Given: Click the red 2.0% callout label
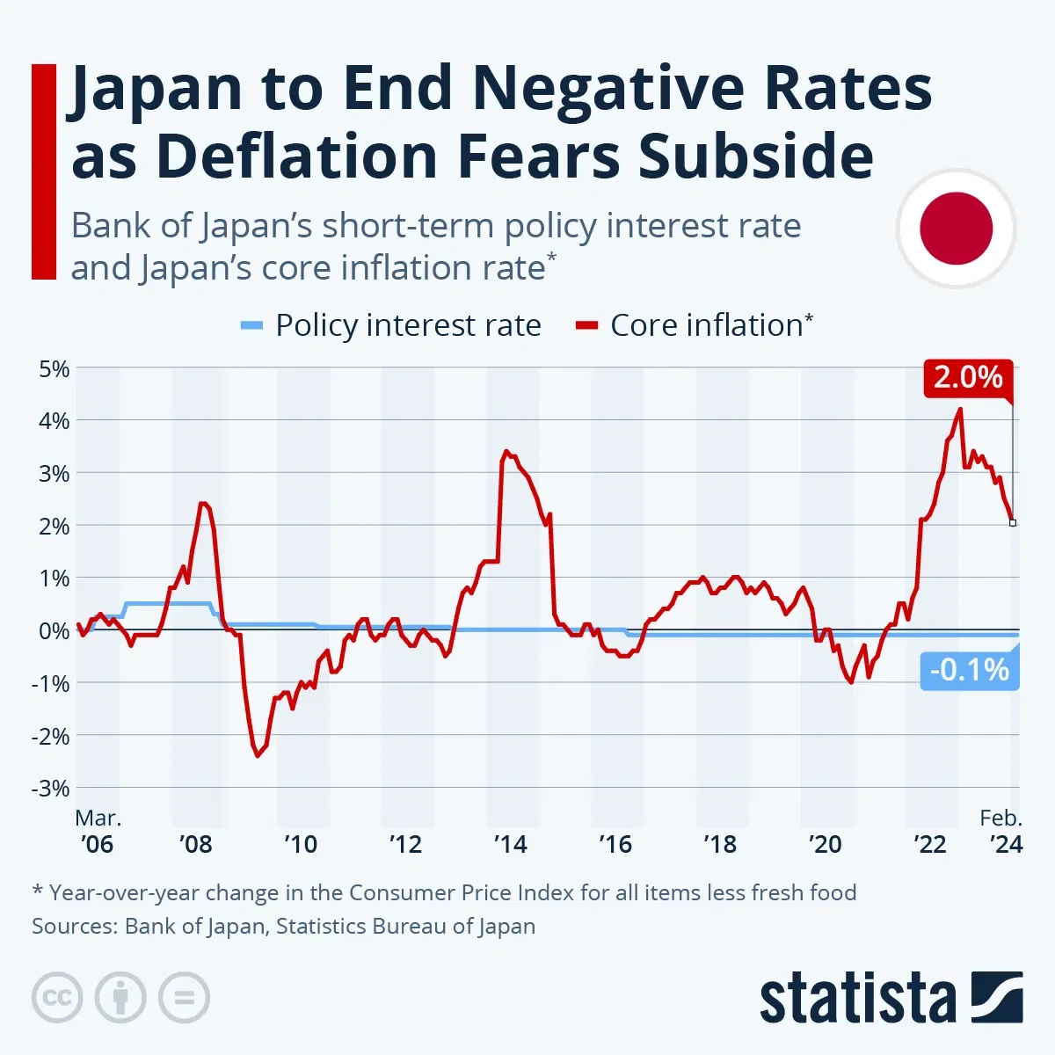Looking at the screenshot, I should point(967,377).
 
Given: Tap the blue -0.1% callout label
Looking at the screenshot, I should point(969,670).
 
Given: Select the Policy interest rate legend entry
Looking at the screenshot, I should point(391,325).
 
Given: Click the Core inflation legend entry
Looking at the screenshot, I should point(695,325).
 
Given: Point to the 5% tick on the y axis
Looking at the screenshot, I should point(54,368).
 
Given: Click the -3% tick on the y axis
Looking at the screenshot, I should point(50,789).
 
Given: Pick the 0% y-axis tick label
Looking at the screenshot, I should point(54,630).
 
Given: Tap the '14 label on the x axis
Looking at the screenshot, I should point(510,844).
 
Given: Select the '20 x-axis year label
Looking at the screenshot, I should point(825,844).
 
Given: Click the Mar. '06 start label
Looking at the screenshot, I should point(97,832).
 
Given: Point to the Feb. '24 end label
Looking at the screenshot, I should point(1002,832).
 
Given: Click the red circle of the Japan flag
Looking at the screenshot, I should point(956,229).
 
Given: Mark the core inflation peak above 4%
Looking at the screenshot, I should point(960,409).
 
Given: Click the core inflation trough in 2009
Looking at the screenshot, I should point(258,755).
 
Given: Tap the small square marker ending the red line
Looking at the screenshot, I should point(1013,523).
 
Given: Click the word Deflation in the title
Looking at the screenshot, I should point(300,156).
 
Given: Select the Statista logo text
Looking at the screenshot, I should point(857,1000).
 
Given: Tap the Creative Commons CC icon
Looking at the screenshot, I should point(57,998).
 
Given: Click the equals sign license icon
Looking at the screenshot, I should point(184,998).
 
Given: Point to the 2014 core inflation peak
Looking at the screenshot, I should point(506,451).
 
